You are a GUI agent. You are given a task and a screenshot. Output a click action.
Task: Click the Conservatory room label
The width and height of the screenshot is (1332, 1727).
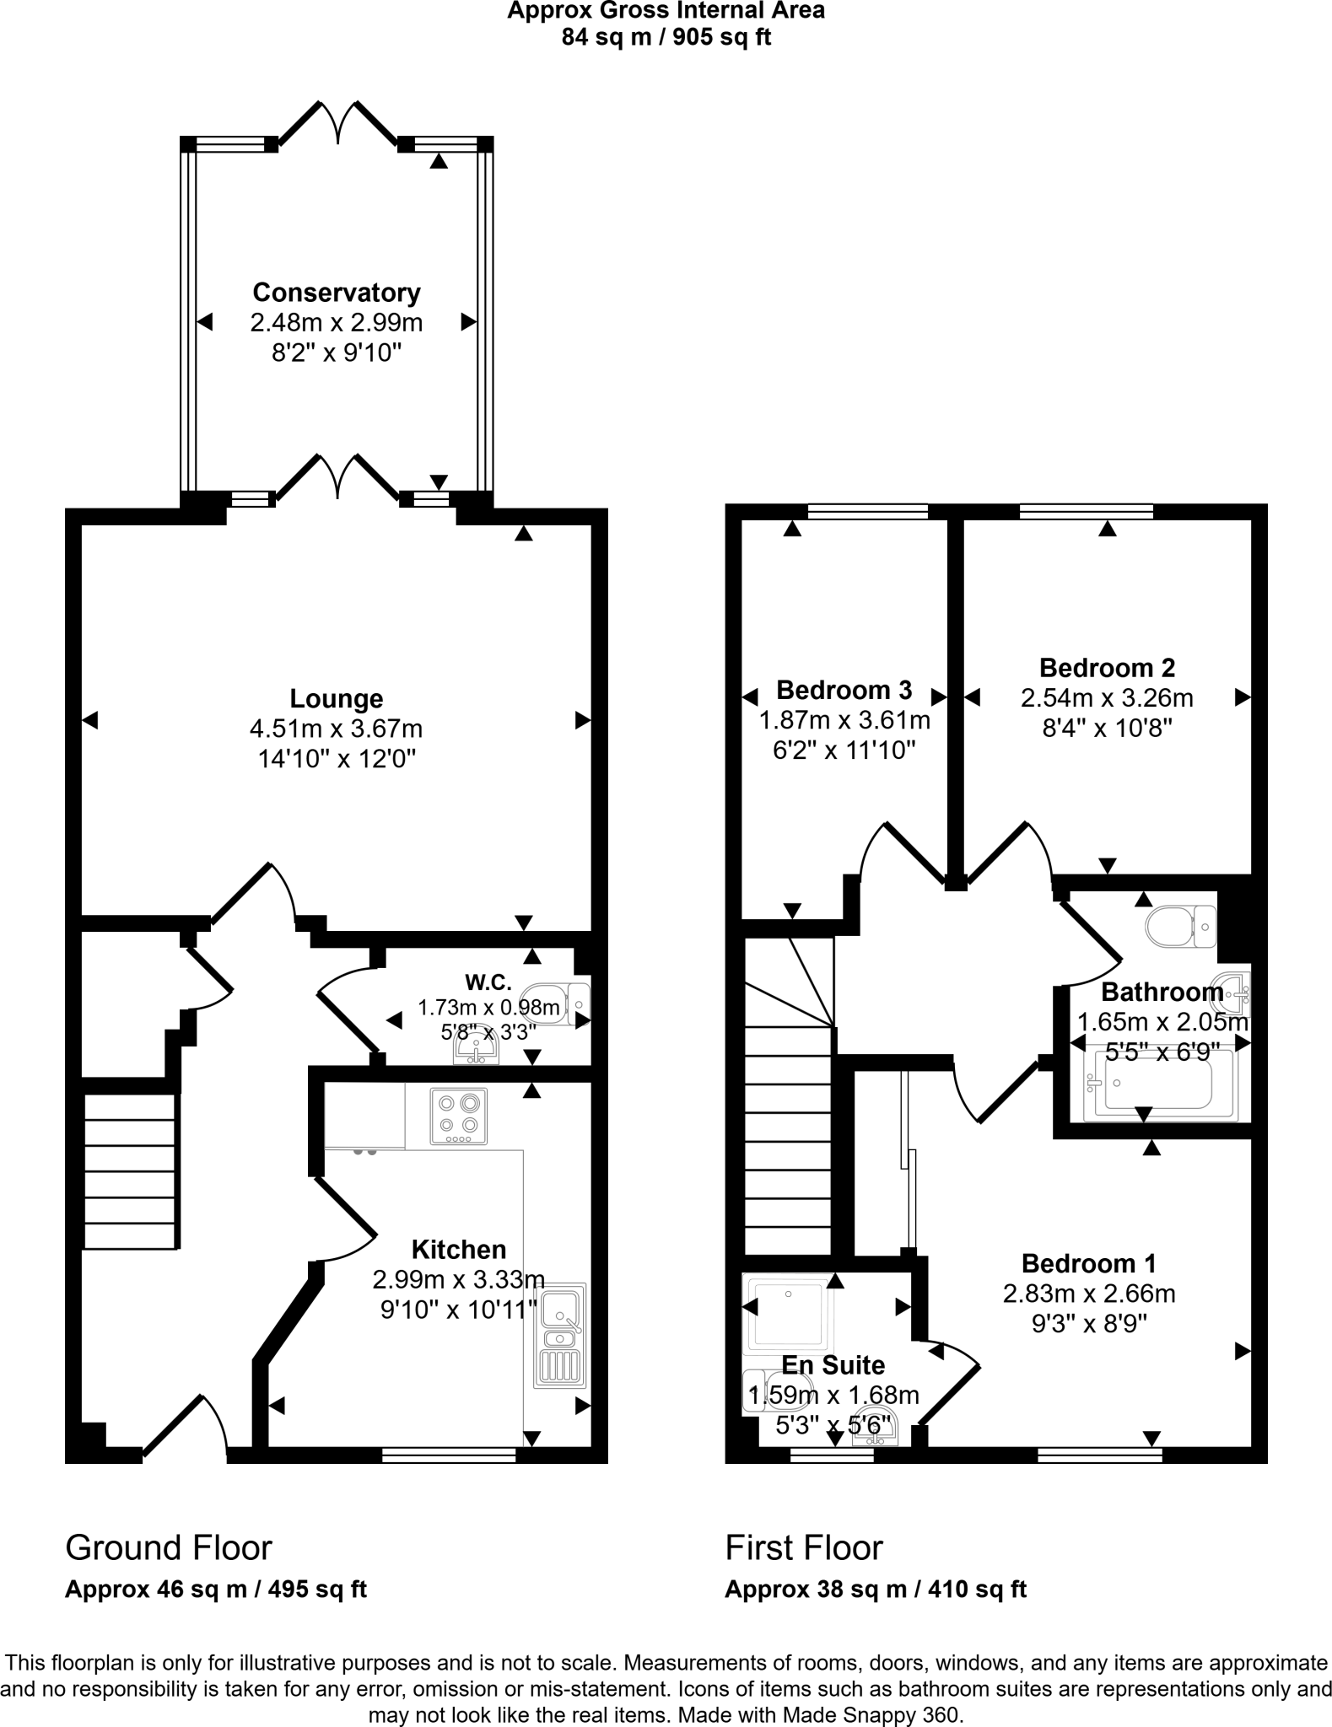(336, 293)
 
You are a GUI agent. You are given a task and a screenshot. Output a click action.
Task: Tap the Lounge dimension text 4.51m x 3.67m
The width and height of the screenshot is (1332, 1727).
(336, 729)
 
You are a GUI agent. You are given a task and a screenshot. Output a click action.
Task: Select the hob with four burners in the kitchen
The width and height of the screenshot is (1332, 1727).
(459, 1116)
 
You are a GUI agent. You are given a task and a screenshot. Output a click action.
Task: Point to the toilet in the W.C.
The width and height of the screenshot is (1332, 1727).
(557, 1003)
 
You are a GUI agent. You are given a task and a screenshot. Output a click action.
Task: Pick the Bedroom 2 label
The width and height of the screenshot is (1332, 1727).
(1107, 668)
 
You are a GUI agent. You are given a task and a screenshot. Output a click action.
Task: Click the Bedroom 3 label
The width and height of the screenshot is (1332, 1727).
(844, 690)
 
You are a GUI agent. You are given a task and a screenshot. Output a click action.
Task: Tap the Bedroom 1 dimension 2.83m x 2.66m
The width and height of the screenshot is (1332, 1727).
(1088, 1294)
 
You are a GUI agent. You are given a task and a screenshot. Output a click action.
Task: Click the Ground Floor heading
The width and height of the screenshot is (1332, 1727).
(169, 1548)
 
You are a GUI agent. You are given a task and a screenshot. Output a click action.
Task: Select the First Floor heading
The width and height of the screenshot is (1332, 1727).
(804, 1548)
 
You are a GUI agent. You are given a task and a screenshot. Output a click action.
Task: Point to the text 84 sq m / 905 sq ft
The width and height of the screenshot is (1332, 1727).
(666, 37)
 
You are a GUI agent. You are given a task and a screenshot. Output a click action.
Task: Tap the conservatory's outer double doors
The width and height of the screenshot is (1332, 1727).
(337, 122)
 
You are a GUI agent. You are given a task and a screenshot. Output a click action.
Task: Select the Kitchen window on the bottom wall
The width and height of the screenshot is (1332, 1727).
(449, 1455)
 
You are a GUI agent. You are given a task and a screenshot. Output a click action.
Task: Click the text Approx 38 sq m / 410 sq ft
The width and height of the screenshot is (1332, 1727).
(875, 1590)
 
